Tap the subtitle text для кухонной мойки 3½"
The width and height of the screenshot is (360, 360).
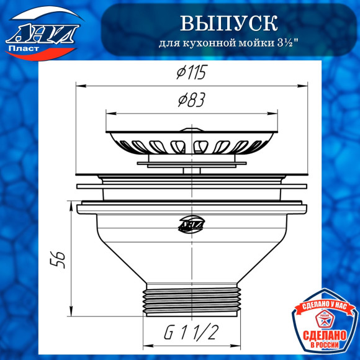point(228,47)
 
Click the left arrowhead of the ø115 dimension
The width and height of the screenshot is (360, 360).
point(78,86)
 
